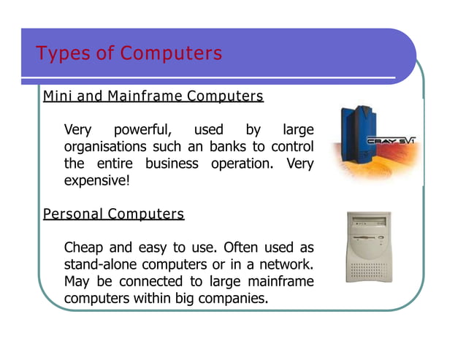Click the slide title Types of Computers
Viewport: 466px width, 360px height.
tap(129, 54)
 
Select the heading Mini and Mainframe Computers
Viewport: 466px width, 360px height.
tap(153, 96)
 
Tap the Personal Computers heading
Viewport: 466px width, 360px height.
tap(114, 214)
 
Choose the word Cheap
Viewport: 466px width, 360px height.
tap(85, 249)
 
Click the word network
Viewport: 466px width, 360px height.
tap(287, 265)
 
